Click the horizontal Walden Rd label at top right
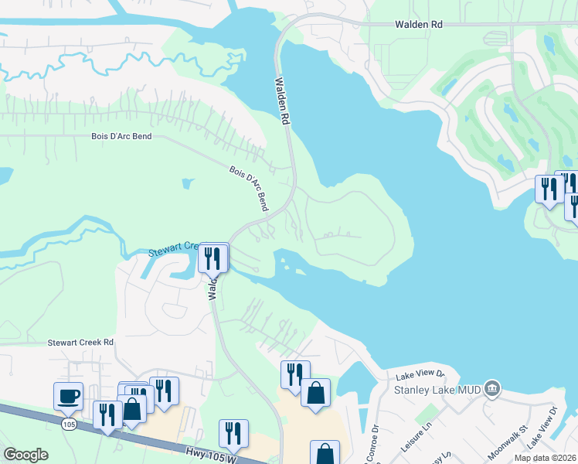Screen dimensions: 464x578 [419, 25]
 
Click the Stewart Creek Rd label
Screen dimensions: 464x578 [80, 342]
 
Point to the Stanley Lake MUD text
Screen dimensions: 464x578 [438, 389]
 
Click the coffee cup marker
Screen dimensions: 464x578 [68, 396]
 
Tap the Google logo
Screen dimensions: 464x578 [25, 455]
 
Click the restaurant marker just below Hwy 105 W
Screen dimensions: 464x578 [233, 434]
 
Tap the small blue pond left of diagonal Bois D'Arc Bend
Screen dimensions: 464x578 [188, 184]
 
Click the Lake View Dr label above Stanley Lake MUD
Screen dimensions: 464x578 [420, 376]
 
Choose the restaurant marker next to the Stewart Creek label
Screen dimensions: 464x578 [212, 258]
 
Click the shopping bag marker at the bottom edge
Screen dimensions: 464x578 [325, 453]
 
